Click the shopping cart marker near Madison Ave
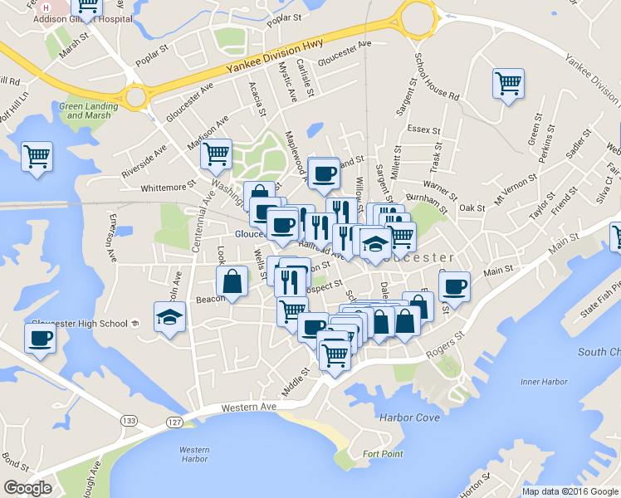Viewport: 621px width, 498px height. click(x=216, y=153)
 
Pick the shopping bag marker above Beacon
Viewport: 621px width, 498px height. click(x=232, y=281)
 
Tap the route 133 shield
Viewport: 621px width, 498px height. click(x=128, y=422)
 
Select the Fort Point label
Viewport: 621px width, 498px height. click(x=383, y=454)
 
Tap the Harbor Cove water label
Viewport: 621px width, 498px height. click(x=409, y=417)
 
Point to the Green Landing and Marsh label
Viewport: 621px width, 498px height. click(x=85, y=110)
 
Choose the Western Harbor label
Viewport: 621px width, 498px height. click(x=193, y=454)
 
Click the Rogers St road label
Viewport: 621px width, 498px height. click(x=448, y=343)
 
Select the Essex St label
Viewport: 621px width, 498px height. click(x=423, y=129)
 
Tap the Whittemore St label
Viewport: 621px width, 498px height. click(x=168, y=187)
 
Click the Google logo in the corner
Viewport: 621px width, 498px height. click(x=27, y=487)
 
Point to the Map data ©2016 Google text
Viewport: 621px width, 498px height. click(x=570, y=491)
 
